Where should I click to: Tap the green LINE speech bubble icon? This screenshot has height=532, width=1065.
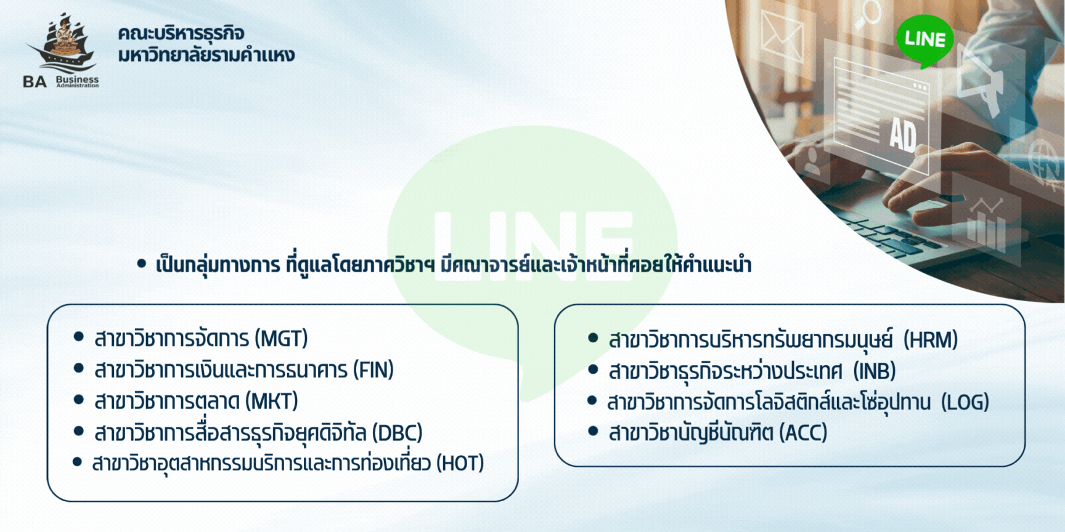coord(924,41)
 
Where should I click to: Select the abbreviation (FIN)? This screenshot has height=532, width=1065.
coord(373,370)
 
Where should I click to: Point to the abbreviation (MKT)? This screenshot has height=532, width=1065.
coord(272,401)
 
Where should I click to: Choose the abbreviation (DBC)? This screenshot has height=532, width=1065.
coord(398,433)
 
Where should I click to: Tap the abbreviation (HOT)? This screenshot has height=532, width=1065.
coord(460,463)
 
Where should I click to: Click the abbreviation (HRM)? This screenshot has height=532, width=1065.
coord(931,340)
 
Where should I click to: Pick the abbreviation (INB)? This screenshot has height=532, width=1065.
coord(875,371)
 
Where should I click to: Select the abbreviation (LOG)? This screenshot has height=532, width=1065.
coord(965,403)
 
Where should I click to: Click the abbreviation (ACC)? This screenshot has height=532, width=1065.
coord(803,433)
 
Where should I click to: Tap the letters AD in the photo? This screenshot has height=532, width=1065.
coord(902,135)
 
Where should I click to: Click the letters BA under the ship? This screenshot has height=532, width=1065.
coord(35,82)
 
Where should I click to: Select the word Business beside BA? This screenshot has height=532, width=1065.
coord(77,79)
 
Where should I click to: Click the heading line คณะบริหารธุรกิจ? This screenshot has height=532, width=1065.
coord(181,33)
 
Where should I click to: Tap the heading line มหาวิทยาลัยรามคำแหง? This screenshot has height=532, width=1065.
coord(206,55)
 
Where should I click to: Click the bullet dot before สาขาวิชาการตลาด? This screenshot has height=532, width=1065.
coord(78,400)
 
